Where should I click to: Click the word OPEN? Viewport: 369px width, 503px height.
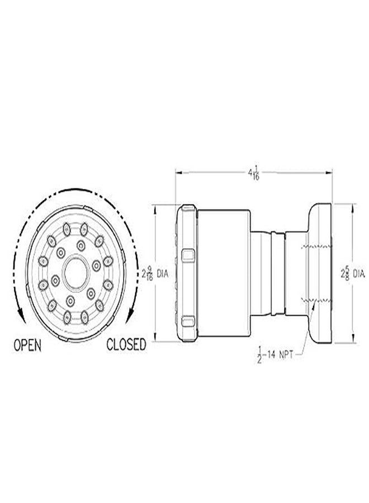click(x=27, y=344)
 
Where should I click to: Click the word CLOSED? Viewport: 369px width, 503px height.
click(x=126, y=344)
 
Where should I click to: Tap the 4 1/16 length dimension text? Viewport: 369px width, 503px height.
click(x=255, y=174)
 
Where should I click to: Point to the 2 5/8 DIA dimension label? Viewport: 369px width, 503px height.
click(x=352, y=274)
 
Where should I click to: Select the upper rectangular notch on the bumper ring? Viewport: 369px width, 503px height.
click(x=188, y=257)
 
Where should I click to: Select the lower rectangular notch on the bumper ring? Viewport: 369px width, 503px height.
click(x=188, y=321)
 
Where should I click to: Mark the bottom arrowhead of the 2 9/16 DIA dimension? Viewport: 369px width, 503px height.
click(x=156, y=341)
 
